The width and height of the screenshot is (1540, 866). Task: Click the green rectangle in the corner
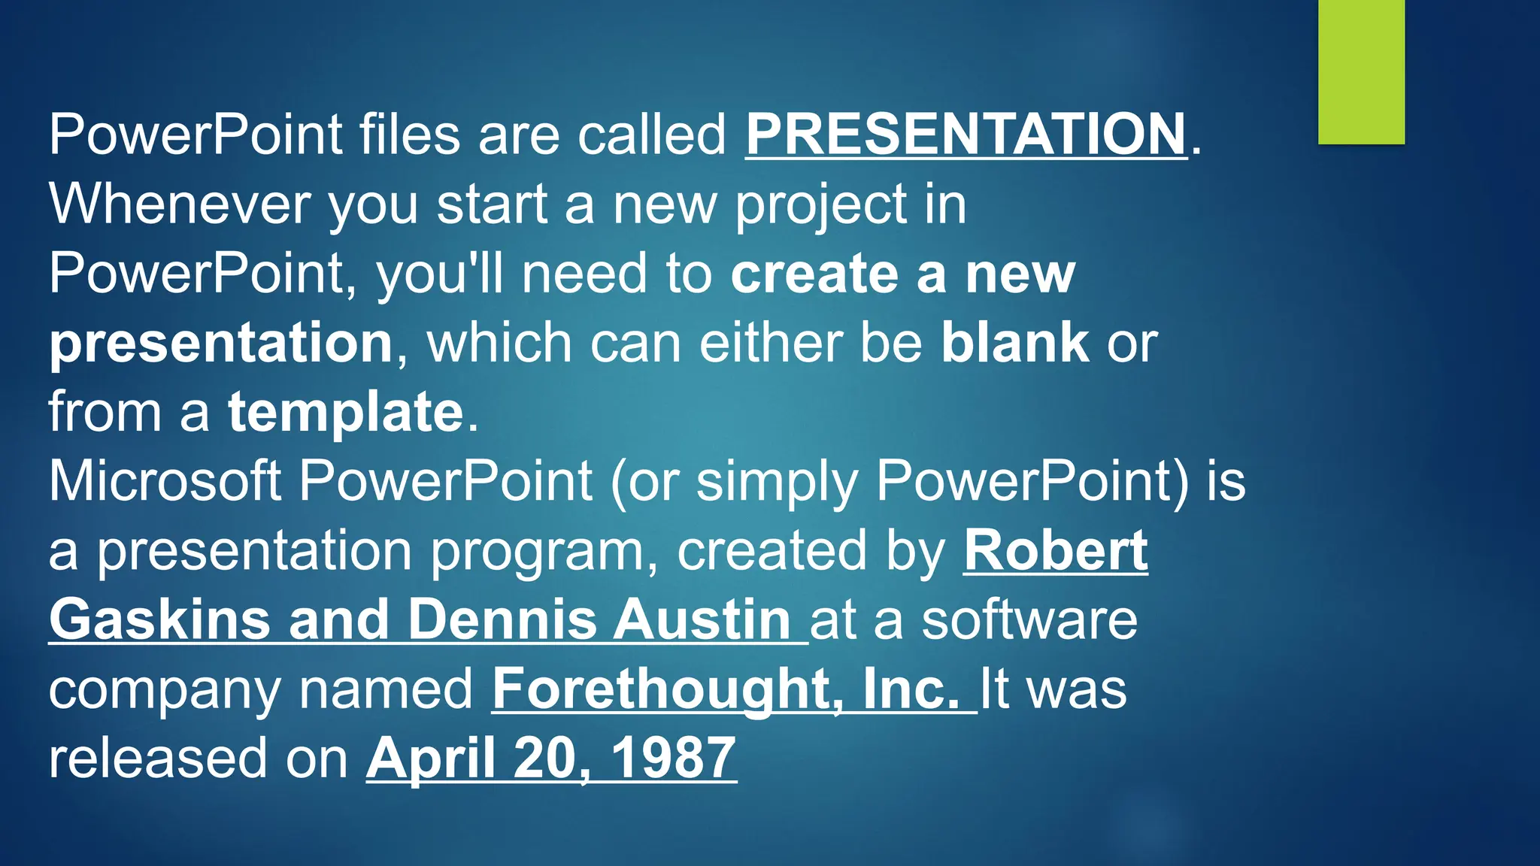point(1361,72)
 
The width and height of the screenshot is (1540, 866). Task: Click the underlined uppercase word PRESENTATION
point(966,135)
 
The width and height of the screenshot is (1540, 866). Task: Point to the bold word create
point(814,274)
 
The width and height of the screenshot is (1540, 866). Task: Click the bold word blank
point(1014,343)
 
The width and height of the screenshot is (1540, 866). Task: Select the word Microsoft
point(165,481)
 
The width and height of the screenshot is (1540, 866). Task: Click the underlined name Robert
point(1055,550)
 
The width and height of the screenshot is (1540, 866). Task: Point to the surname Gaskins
point(159,619)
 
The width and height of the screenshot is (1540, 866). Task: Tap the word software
point(1029,619)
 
